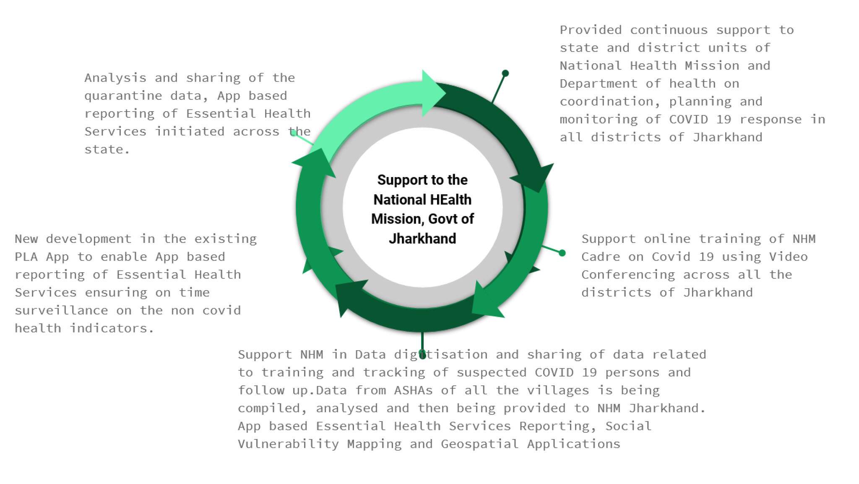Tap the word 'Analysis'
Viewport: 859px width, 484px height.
115,78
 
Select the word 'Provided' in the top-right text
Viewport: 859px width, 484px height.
591,30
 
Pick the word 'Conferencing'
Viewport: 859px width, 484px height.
628,275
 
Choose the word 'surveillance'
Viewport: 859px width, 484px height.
61,310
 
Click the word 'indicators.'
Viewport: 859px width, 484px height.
112,328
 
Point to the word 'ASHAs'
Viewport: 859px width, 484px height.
413,390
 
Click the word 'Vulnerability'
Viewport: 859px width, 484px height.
288,444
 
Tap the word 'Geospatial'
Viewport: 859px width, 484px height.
479,444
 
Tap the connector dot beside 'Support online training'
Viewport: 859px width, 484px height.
562,253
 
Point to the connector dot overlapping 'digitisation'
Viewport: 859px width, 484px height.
422,355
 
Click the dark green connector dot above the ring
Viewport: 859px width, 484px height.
505,73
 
